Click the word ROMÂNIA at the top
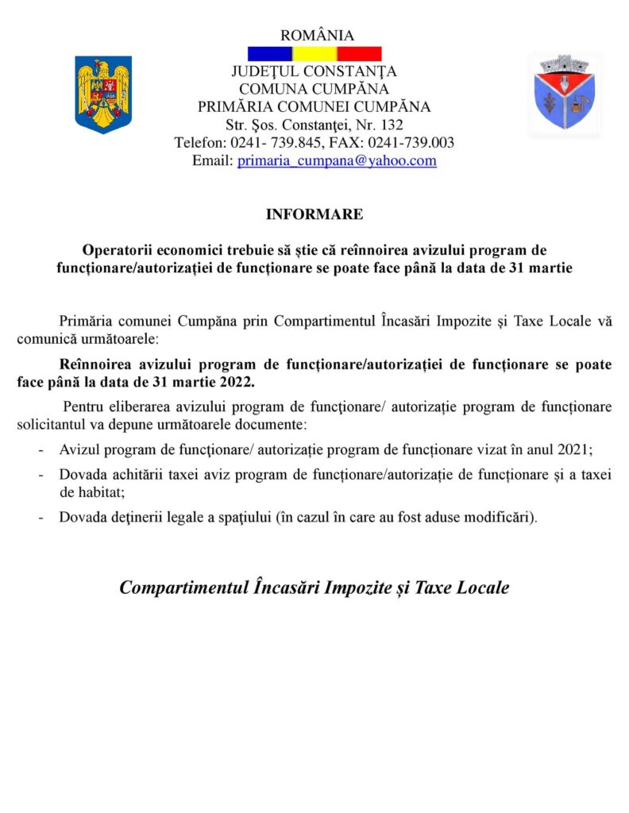click(x=317, y=35)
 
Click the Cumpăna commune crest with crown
click(x=564, y=93)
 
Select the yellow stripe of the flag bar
click(x=314, y=54)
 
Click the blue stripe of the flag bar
click(x=270, y=54)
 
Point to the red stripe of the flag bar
click(x=359, y=54)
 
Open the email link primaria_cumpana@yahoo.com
click(x=337, y=160)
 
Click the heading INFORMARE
click(x=314, y=214)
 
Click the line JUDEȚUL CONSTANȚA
click(x=314, y=71)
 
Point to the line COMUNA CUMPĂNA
click(x=314, y=89)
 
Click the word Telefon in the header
click(x=199, y=143)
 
